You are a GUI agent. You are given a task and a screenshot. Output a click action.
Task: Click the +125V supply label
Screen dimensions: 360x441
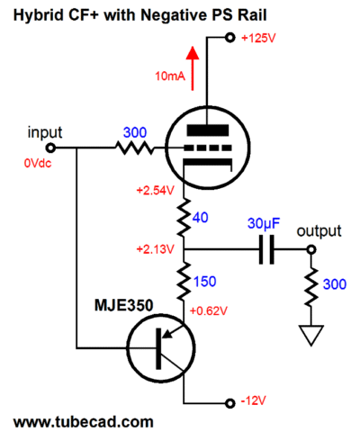point(258,38)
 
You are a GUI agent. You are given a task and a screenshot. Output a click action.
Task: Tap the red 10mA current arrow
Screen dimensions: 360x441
point(193,68)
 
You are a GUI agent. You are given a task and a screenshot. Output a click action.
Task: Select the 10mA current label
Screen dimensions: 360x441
point(170,76)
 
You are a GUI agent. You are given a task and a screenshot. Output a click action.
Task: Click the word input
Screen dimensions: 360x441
point(45,132)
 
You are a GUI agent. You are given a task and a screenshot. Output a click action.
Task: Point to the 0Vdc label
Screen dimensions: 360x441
point(38,163)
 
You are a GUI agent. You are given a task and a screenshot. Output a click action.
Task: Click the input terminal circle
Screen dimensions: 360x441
point(50,148)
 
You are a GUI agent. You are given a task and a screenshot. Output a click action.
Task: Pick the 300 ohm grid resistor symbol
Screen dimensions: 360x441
point(134,148)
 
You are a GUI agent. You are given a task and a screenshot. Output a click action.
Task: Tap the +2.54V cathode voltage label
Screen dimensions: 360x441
point(156,191)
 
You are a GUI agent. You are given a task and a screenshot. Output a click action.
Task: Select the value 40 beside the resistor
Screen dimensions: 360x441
point(201,218)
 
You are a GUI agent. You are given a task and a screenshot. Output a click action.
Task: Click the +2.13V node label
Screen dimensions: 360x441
point(156,249)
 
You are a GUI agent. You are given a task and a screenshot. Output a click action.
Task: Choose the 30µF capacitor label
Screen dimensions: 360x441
point(264,223)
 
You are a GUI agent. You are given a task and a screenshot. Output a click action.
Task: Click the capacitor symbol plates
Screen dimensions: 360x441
point(266,249)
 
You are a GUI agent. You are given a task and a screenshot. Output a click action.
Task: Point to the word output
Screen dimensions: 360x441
point(319,231)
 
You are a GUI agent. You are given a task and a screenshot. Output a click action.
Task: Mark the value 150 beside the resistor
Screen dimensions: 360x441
point(205,282)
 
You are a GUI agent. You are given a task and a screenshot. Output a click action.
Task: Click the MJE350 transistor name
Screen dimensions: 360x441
point(124,305)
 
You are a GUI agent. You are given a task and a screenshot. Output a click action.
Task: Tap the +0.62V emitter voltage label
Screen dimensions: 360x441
point(209,311)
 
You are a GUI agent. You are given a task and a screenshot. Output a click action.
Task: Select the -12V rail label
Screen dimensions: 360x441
point(254,400)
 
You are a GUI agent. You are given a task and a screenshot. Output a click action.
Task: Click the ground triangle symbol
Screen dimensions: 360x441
point(311,335)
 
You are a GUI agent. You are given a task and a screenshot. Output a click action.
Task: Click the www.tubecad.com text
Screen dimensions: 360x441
point(84,422)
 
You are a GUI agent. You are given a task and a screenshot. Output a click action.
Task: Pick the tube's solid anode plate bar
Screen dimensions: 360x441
point(208,130)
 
